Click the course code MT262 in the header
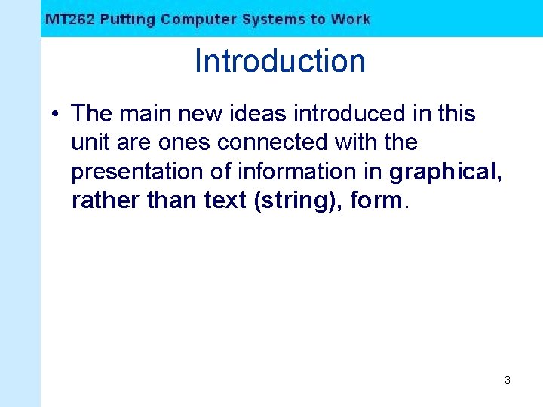[x=70, y=19]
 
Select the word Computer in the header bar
[x=198, y=19]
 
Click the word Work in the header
[x=351, y=19]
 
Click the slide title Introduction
[x=280, y=61]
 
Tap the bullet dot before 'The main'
[x=56, y=114]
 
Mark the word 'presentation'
[x=137, y=172]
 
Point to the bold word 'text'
[x=225, y=201]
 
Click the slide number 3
[x=508, y=381]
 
